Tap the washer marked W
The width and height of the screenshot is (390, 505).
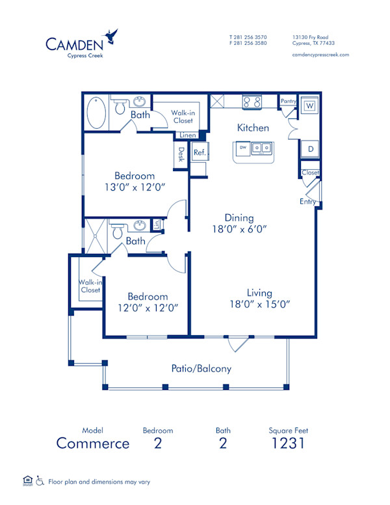point(310,106)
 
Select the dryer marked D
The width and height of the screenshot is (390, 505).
point(311,149)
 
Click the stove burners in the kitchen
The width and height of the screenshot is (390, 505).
point(252,102)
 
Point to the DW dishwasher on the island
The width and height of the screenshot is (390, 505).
point(243,148)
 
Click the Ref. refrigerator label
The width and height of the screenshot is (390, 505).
point(199,152)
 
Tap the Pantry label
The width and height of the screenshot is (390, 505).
point(288,102)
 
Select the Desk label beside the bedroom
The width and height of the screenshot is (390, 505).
point(181,155)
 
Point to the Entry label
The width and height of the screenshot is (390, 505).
point(307,202)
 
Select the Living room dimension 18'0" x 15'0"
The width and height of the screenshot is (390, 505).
point(259,303)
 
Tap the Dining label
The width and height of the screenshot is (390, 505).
point(240,218)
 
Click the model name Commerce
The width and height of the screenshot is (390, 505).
point(92,444)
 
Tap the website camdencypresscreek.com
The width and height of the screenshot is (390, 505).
point(321,55)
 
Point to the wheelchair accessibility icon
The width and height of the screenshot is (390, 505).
point(40,482)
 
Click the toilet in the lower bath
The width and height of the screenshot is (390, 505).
point(118,231)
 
